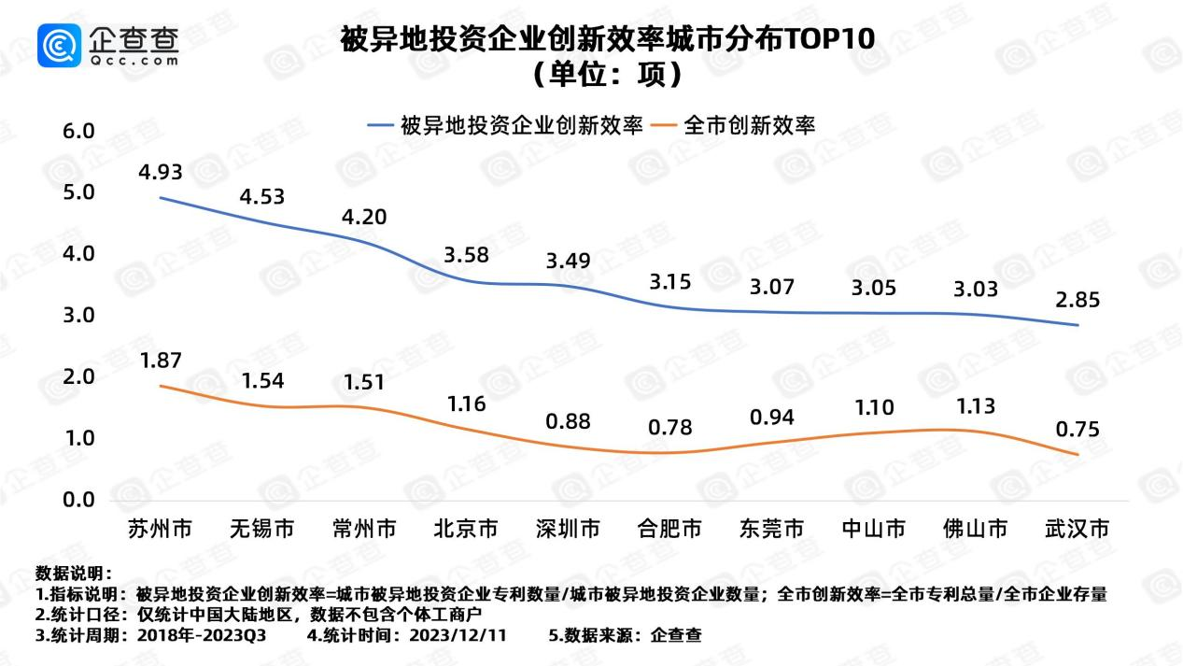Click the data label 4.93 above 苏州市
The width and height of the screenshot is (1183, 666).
click(160, 173)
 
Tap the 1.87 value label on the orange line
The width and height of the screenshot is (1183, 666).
click(160, 361)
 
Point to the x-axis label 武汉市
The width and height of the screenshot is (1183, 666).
click(1077, 530)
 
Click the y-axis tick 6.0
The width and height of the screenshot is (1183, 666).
click(78, 132)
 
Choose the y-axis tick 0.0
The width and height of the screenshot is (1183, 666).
click(78, 500)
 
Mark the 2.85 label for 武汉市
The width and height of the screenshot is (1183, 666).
click(1077, 301)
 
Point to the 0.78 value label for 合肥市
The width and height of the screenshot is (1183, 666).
click(669, 428)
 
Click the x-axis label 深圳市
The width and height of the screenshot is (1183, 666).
click(568, 530)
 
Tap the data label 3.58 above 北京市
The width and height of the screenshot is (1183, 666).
click(466, 255)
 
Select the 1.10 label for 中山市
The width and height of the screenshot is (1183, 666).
click(873, 407)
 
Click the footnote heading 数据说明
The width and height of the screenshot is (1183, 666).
click(73, 573)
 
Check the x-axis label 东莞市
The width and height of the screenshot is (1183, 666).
click(771, 530)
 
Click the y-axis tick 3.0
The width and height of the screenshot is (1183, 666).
click(78, 316)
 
